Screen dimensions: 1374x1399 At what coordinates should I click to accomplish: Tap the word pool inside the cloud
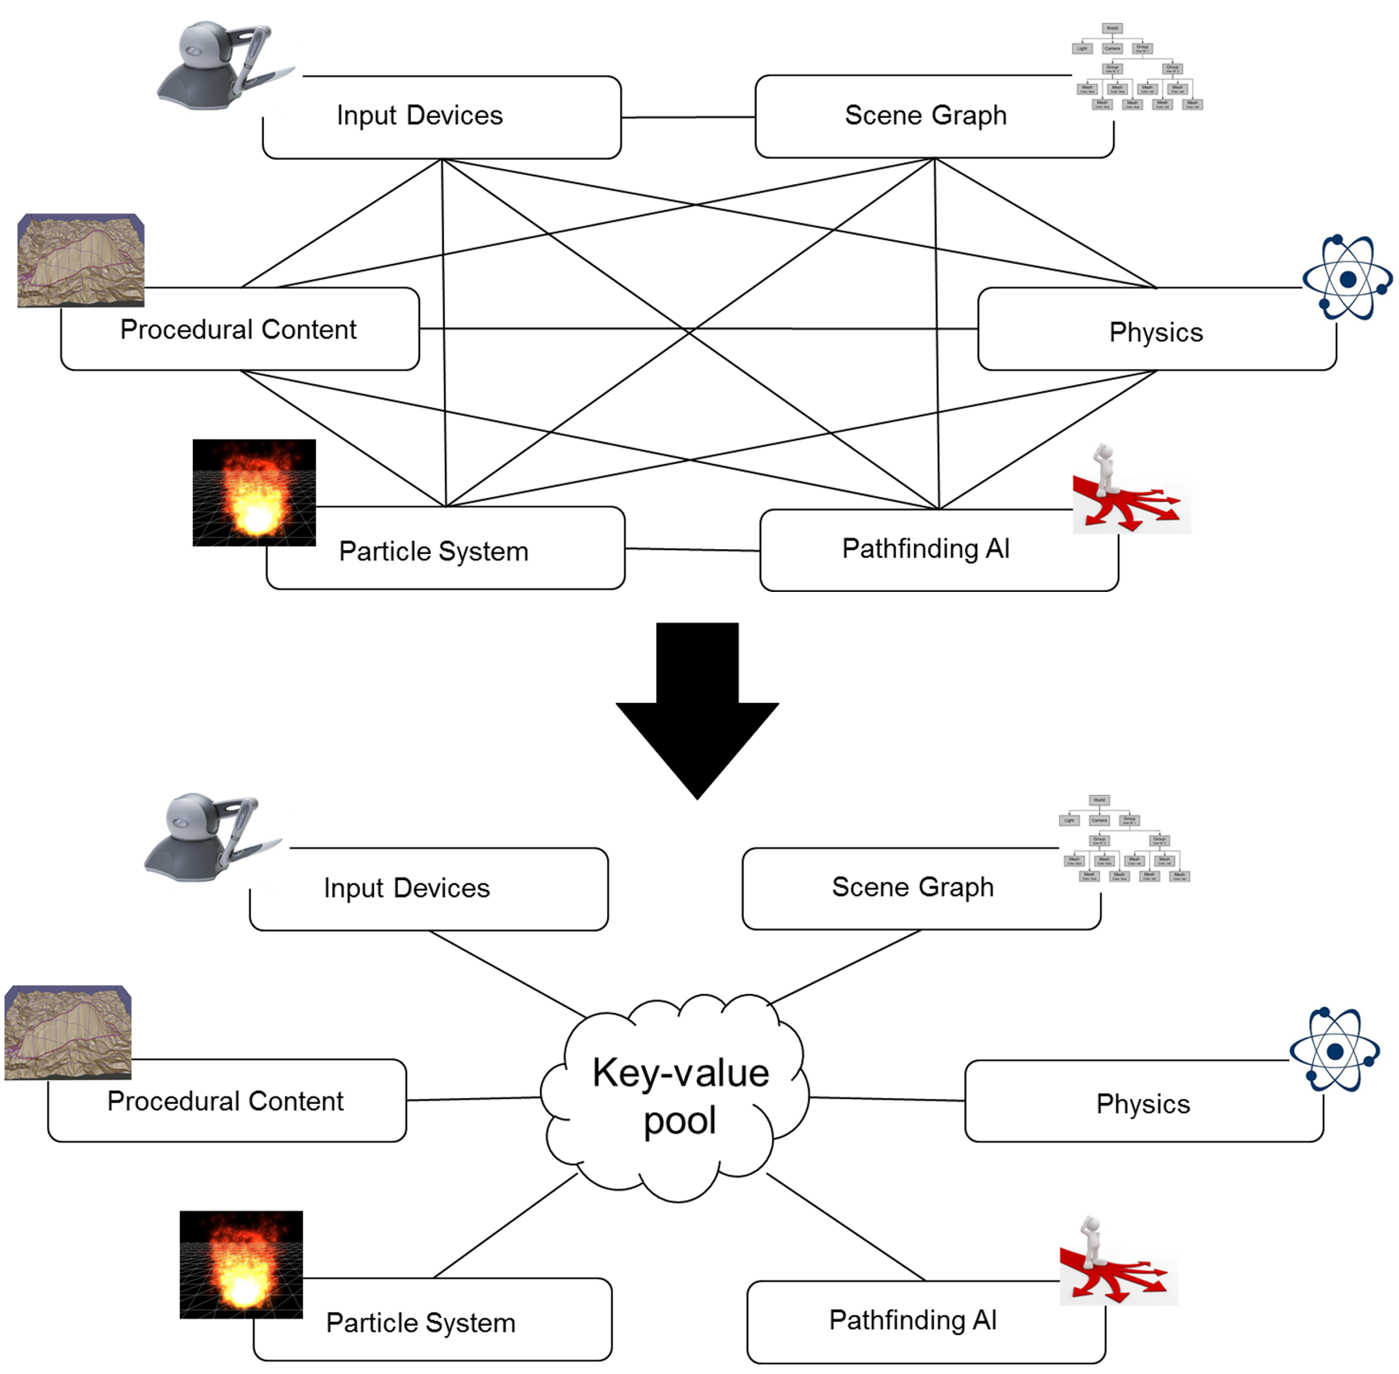pyautogui.click(x=680, y=1121)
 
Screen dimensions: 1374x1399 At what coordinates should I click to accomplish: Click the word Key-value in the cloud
pyautogui.click(x=680, y=1072)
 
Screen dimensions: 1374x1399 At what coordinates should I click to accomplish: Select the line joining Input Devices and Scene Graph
pyautogui.click(x=688, y=117)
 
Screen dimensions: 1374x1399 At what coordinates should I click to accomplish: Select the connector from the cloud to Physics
pyautogui.click(x=887, y=1099)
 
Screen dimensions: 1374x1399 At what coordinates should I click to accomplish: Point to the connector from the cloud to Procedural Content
pyautogui.click(x=473, y=1099)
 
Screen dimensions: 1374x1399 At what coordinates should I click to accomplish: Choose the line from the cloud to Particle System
pyautogui.click(x=505, y=1226)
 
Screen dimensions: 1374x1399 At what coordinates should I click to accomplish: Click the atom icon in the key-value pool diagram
pyautogui.click(x=1335, y=1050)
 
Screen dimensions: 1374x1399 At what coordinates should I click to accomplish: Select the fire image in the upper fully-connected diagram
pyautogui.click(x=254, y=493)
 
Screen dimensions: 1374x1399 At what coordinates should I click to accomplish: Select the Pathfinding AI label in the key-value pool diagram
pyautogui.click(x=913, y=1320)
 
